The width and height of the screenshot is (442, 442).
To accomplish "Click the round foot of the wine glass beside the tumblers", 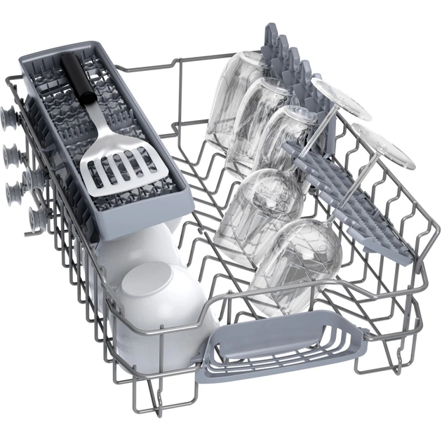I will [x=340, y=98].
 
